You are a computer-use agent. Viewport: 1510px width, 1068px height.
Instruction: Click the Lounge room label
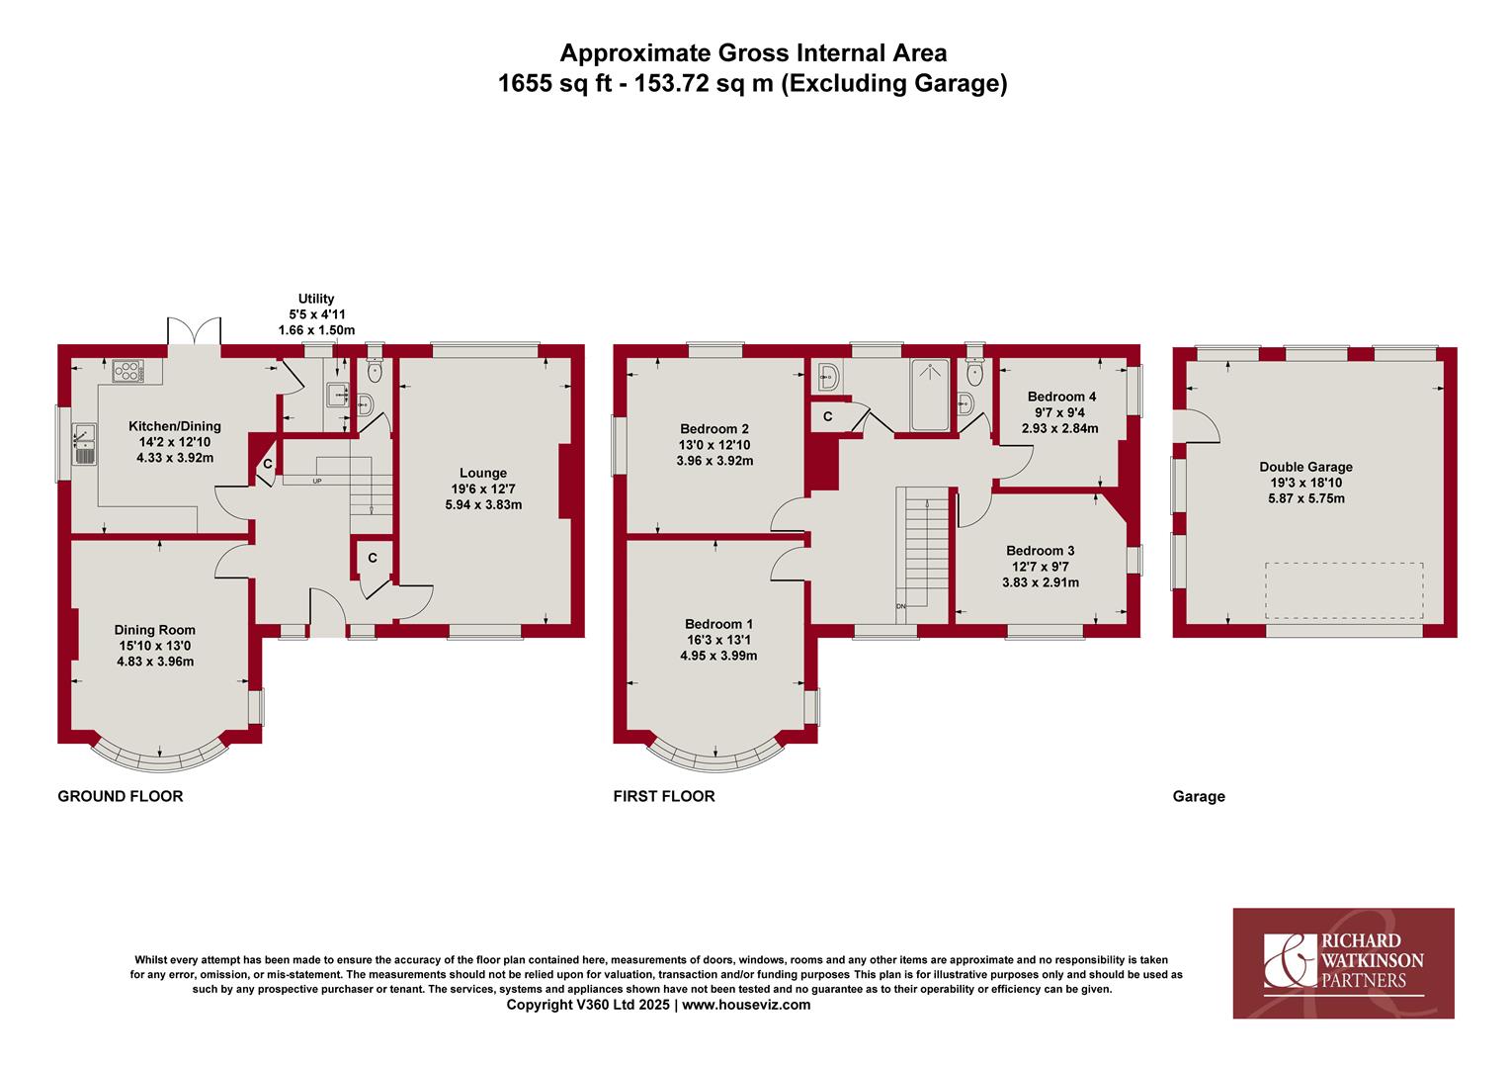482,473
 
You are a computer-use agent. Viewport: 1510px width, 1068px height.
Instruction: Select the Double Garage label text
1305,467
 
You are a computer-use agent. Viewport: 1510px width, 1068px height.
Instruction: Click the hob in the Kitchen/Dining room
128,371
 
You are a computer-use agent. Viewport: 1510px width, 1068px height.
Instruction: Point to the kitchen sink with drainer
84,445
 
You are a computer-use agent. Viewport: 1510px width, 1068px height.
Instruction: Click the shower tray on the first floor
930,396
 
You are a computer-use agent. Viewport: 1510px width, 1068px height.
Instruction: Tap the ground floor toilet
375,370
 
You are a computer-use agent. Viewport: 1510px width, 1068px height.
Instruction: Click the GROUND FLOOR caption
120,796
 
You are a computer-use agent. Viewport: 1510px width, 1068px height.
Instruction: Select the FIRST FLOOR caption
664,796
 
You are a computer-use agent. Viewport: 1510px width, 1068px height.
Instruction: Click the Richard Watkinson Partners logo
1343,963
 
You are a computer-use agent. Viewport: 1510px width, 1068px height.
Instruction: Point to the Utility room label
316,299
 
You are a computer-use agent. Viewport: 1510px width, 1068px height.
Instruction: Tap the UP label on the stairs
317,481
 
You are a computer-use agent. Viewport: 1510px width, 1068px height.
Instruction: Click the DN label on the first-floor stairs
901,606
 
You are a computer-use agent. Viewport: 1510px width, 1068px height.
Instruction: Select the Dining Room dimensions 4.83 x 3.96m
155,662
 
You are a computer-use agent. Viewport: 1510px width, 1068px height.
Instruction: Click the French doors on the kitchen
194,330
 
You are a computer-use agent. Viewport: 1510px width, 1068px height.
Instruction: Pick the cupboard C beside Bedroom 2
828,417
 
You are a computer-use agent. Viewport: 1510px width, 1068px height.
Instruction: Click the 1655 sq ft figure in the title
554,84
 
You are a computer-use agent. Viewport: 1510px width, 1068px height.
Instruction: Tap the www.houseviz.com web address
746,1005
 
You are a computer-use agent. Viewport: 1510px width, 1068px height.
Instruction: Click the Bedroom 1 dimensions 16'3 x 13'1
718,640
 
